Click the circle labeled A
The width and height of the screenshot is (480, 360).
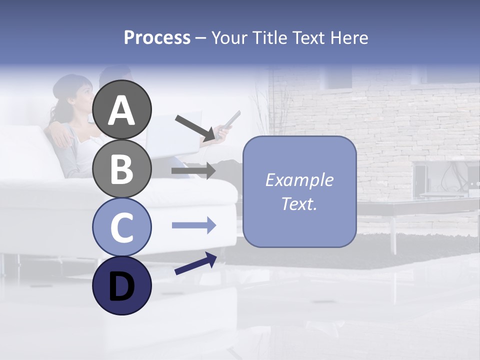click(x=121, y=109)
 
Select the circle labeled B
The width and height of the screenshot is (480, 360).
click(x=121, y=168)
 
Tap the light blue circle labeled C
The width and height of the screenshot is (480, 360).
click(x=121, y=227)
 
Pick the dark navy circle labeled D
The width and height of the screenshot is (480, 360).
click(x=121, y=285)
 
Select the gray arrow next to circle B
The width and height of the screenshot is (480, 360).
click(x=193, y=171)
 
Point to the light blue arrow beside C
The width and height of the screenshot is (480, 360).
click(x=193, y=226)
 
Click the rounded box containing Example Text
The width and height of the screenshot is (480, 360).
click(x=299, y=192)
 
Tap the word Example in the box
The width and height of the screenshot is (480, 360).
click(x=299, y=180)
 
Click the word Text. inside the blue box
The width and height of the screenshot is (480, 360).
click(x=299, y=204)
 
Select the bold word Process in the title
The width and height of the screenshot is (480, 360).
click(x=157, y=38)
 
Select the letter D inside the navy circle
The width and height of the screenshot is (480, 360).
click(x=121, y=286)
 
